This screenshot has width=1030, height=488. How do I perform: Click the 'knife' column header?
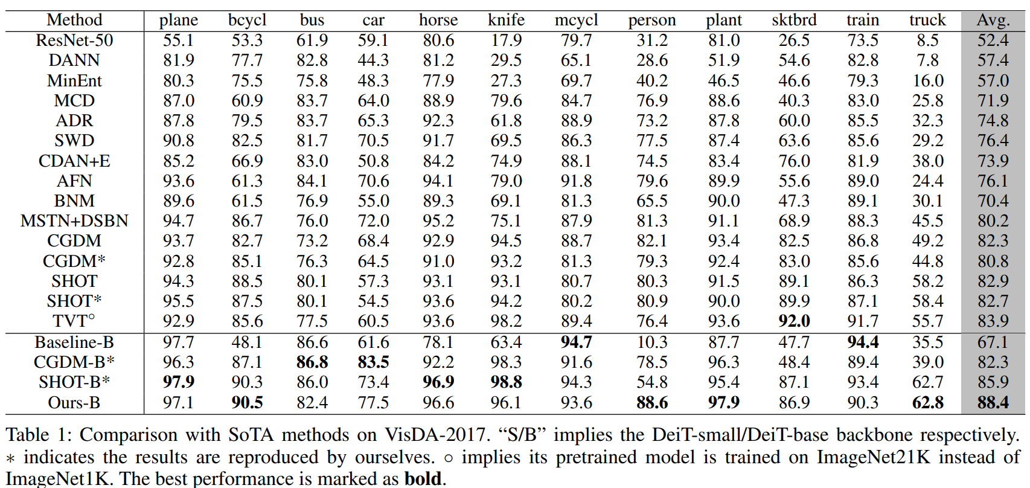coord(506,20)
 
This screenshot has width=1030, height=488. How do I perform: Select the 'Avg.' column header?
coord(993,20)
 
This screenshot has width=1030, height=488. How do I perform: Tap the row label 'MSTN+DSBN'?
coord(74,221)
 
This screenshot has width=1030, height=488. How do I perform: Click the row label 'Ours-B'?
coord(74,403)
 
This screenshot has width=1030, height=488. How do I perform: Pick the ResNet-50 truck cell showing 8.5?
coord(927,40)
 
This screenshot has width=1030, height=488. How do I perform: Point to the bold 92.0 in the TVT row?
coord(794,321)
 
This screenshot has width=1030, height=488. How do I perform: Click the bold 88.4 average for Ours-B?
coord(993,403)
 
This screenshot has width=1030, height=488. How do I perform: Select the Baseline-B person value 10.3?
coord(652,342)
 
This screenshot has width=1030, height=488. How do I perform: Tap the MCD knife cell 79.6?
coord(506,101)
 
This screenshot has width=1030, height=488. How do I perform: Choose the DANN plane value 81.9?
coord(178,60)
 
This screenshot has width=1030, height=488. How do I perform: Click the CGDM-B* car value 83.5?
coord(373,362)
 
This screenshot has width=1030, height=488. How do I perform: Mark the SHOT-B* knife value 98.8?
coord(506,382)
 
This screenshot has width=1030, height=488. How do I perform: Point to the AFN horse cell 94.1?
coord(438,181)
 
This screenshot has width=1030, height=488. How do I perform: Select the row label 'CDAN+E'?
coord(74,161)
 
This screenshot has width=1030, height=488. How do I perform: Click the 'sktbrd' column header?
coord(794,20)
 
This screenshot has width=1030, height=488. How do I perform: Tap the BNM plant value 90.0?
coord(723,201)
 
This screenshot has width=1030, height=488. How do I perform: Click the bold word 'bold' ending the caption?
coord(423,479)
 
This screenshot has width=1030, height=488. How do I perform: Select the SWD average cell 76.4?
coord(993,141)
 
